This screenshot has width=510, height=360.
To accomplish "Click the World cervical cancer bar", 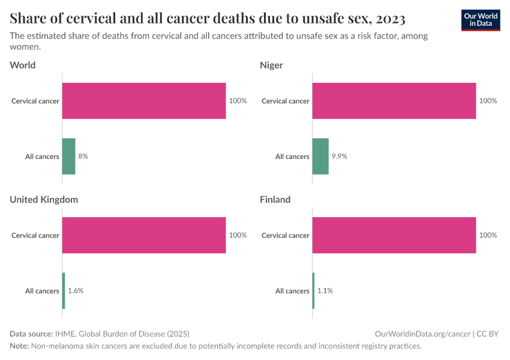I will tap(144, 101).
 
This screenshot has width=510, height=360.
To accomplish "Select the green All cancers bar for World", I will tap(68, 157).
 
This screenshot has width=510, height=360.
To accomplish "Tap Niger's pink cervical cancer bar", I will tap(394, 101).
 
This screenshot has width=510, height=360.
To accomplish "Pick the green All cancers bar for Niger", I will tap(320, 157).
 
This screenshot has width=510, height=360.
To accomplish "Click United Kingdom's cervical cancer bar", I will tap(144, 235).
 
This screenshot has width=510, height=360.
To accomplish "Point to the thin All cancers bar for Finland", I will tap(313, 291).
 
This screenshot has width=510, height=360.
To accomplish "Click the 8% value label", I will tap(83, 157).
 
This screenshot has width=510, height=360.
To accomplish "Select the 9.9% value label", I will tap(340, 157).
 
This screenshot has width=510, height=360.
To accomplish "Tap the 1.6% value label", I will tap(76, 291).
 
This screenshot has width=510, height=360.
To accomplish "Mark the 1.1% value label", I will tap(325, 291).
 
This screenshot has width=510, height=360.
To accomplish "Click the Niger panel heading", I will tap(271, 65).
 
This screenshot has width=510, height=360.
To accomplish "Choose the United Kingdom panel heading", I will tap(44, 199).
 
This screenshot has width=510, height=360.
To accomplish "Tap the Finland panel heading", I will tap(275, 199).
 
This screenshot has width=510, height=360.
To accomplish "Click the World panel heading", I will tap(23, 65).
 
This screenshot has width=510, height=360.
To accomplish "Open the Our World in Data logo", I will tap(481, 20).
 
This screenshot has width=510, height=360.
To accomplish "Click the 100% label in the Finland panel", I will tap(488, 235).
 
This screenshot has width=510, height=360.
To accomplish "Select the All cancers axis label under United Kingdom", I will tap(42, 291).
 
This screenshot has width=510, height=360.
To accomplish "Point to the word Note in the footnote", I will tap(19, 346).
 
